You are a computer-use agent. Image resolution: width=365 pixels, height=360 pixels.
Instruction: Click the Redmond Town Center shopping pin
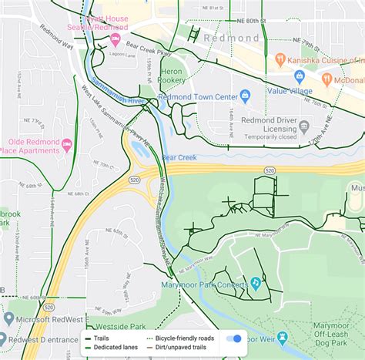pyautogui.click(x=246, y=96)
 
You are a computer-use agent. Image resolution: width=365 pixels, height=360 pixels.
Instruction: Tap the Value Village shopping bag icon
pyautogui.click(x=258, y=89)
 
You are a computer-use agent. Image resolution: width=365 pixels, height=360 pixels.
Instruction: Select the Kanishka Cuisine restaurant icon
pyautogui.click(x=280, y=59)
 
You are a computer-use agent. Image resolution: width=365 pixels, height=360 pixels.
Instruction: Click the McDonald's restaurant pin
pyautogui.click(x=327, y=79)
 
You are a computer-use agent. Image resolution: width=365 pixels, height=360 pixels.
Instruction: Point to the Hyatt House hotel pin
pyautogui.click(x=116, y=39)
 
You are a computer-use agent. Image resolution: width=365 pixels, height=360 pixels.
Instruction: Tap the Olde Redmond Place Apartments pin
pyautogui.click(x=67, y=144)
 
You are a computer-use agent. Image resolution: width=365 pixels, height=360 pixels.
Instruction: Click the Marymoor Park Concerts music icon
pyautogui.click(x=255, y=284)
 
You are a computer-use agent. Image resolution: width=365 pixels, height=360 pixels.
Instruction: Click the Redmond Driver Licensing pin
pyautogui.click(x=305, y=126)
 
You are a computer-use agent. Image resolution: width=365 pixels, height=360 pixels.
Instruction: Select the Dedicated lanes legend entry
pyautogui.click(x=122, y=348)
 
